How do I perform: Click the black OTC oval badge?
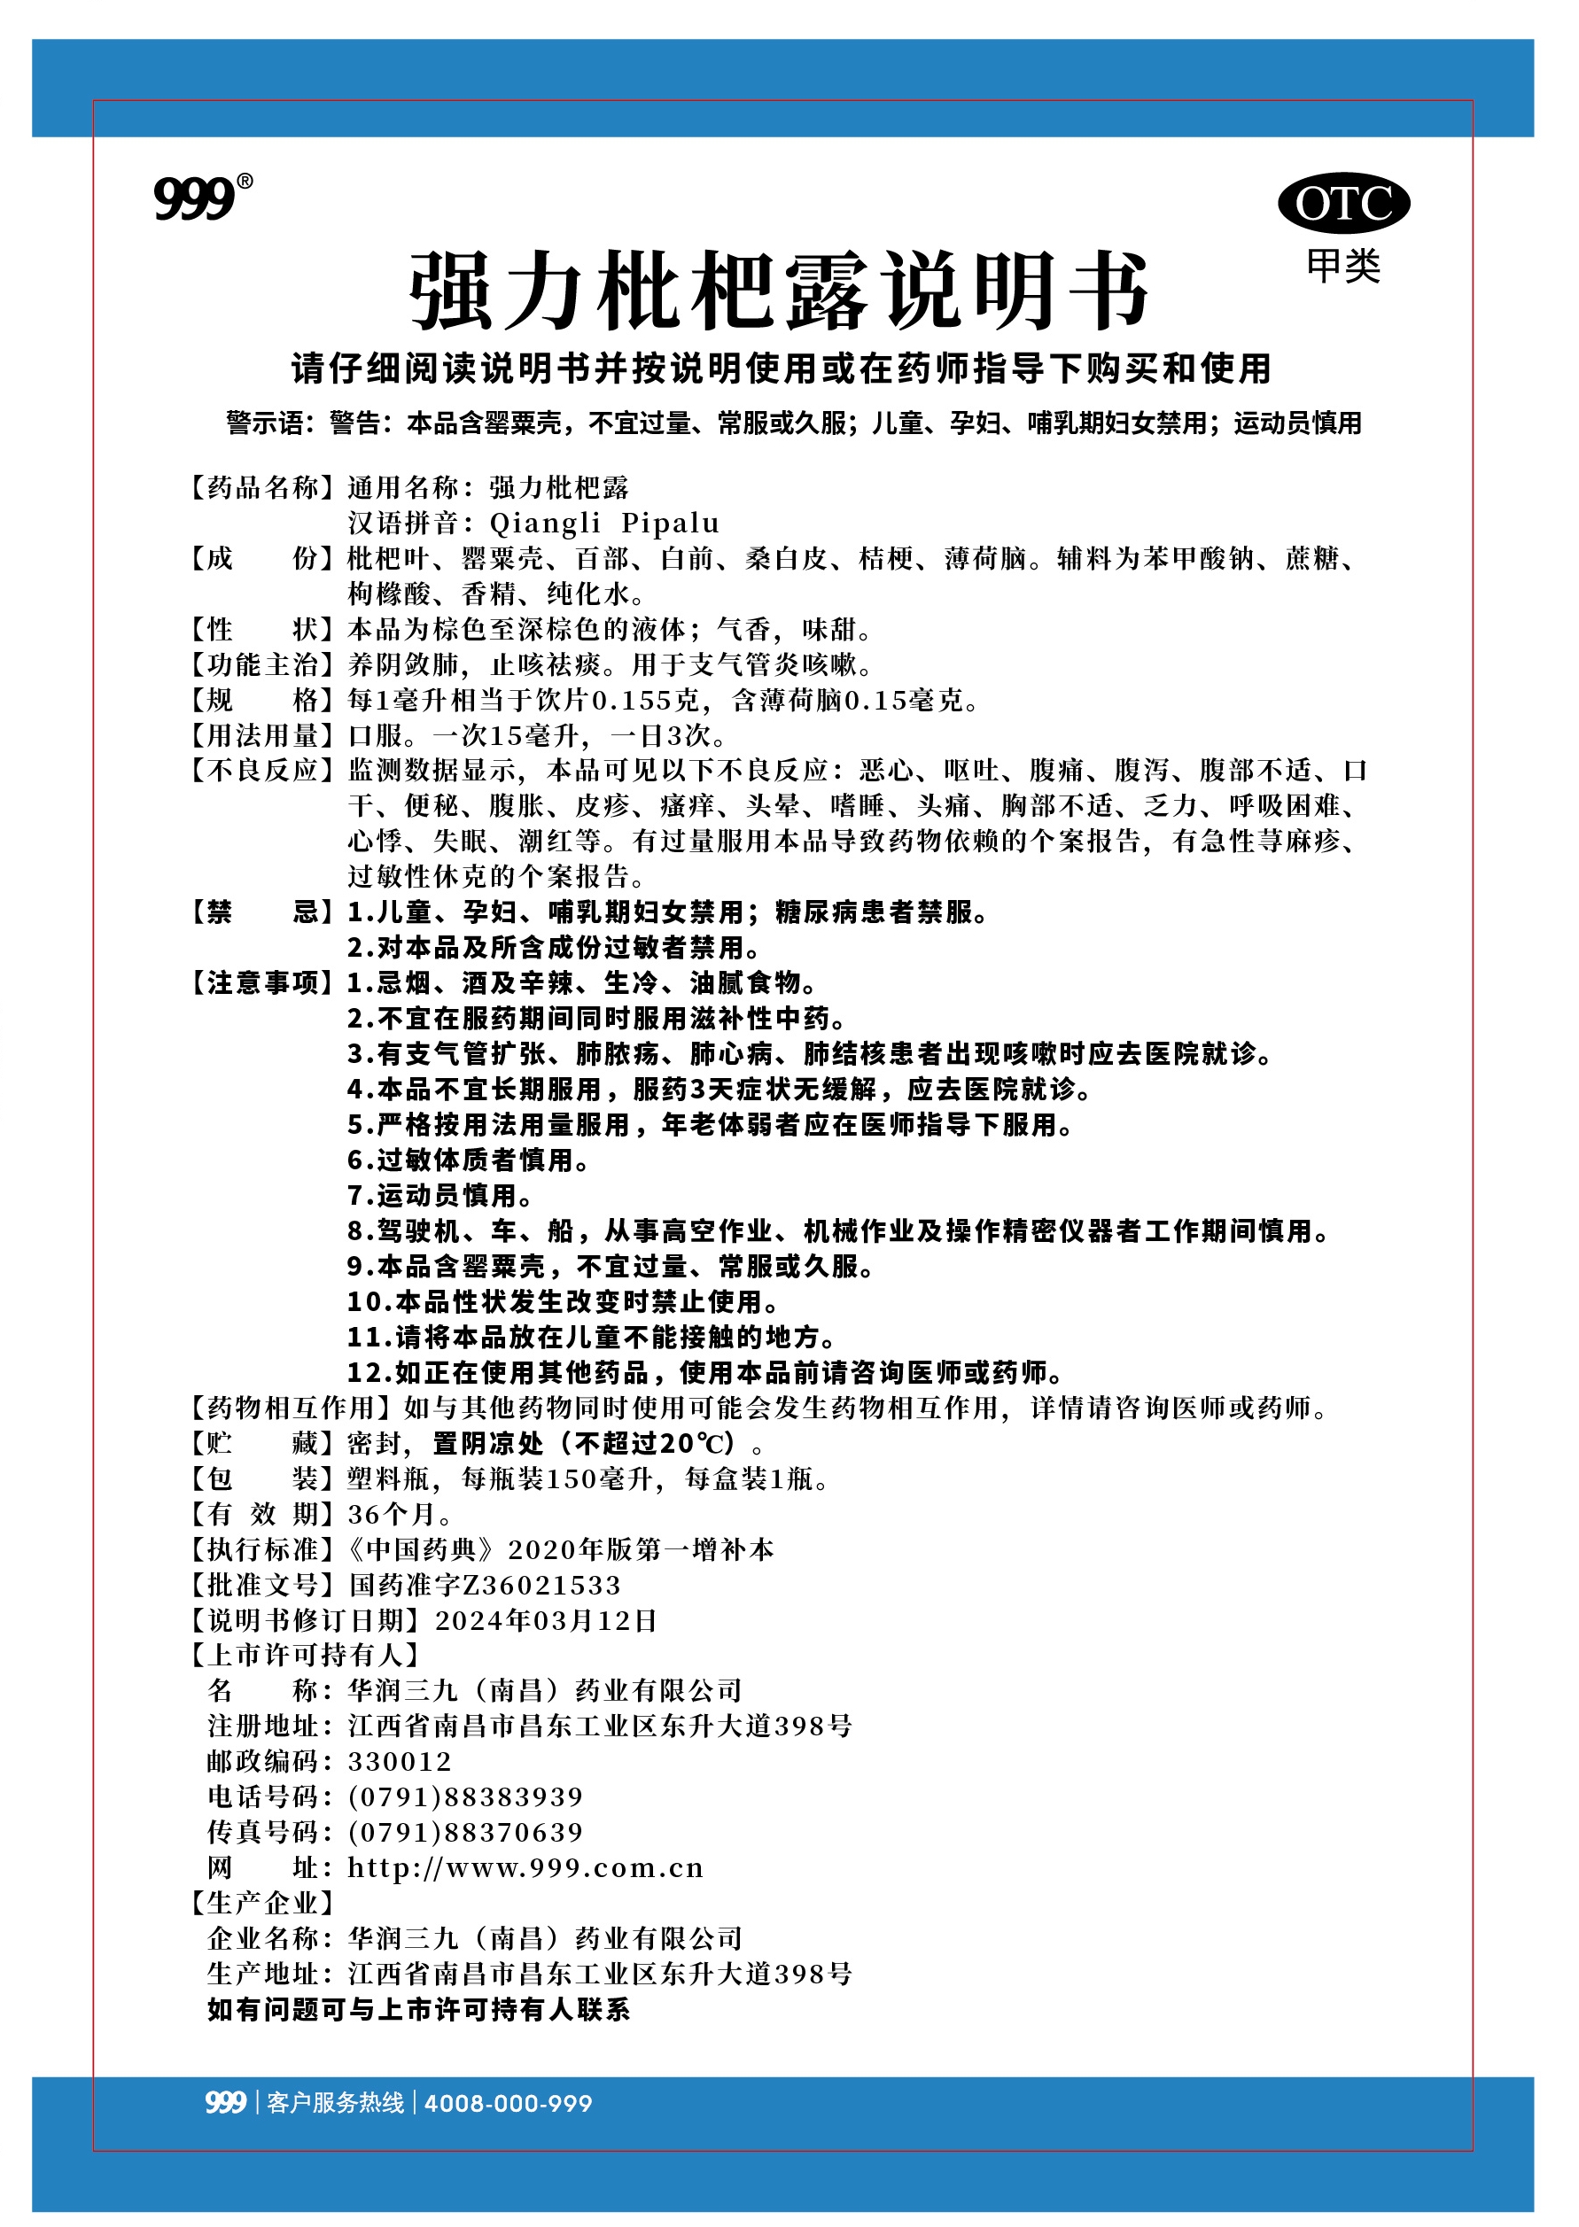pos(1342,204)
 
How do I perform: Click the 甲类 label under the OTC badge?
pos(1342,266)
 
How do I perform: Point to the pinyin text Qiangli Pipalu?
pos(603,523)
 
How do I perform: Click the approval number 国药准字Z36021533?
pos(484,1586)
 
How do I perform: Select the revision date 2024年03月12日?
pos(546,1620)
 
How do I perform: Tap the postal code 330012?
pos(400,1761)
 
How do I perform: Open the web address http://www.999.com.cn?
pos(525,1867)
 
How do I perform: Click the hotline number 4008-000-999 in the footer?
pos(508,2104)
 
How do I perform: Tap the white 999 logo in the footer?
pos(224,2103)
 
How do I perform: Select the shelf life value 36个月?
pos(399,1515)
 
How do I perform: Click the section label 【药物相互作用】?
pos(291,1408)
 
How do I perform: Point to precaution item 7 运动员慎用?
pos(439,1196)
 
